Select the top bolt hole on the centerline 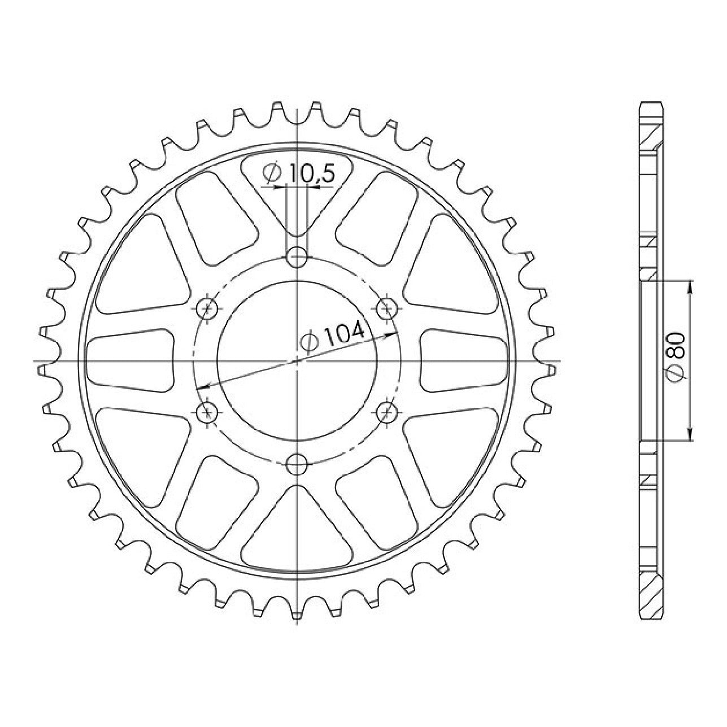[x=297, y=257]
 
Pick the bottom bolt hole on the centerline [x=297, y=464]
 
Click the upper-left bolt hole [x=207, y=309]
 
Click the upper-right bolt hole [x=387, y=309]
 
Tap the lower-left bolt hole [x=207, y=412]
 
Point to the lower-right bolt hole [x=387, y=412]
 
